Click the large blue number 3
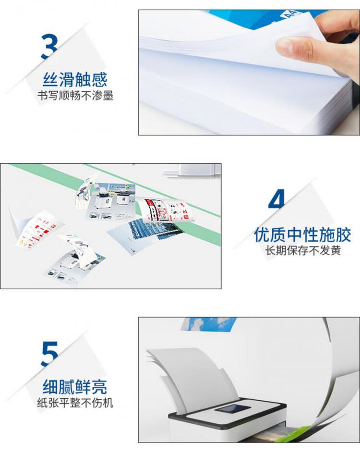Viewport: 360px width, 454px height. (49, 47)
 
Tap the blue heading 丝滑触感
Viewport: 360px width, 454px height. (75, 79)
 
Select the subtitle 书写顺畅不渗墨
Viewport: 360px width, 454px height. (75, 96)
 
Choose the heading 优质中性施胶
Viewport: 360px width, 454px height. (302, 234)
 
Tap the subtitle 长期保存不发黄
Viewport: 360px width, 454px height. (303, 251)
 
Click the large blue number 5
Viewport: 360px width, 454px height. (49, 354)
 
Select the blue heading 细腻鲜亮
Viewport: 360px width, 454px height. (75, 387)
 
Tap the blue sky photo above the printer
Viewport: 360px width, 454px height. (209, 324)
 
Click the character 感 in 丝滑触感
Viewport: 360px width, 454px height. (99, 79)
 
